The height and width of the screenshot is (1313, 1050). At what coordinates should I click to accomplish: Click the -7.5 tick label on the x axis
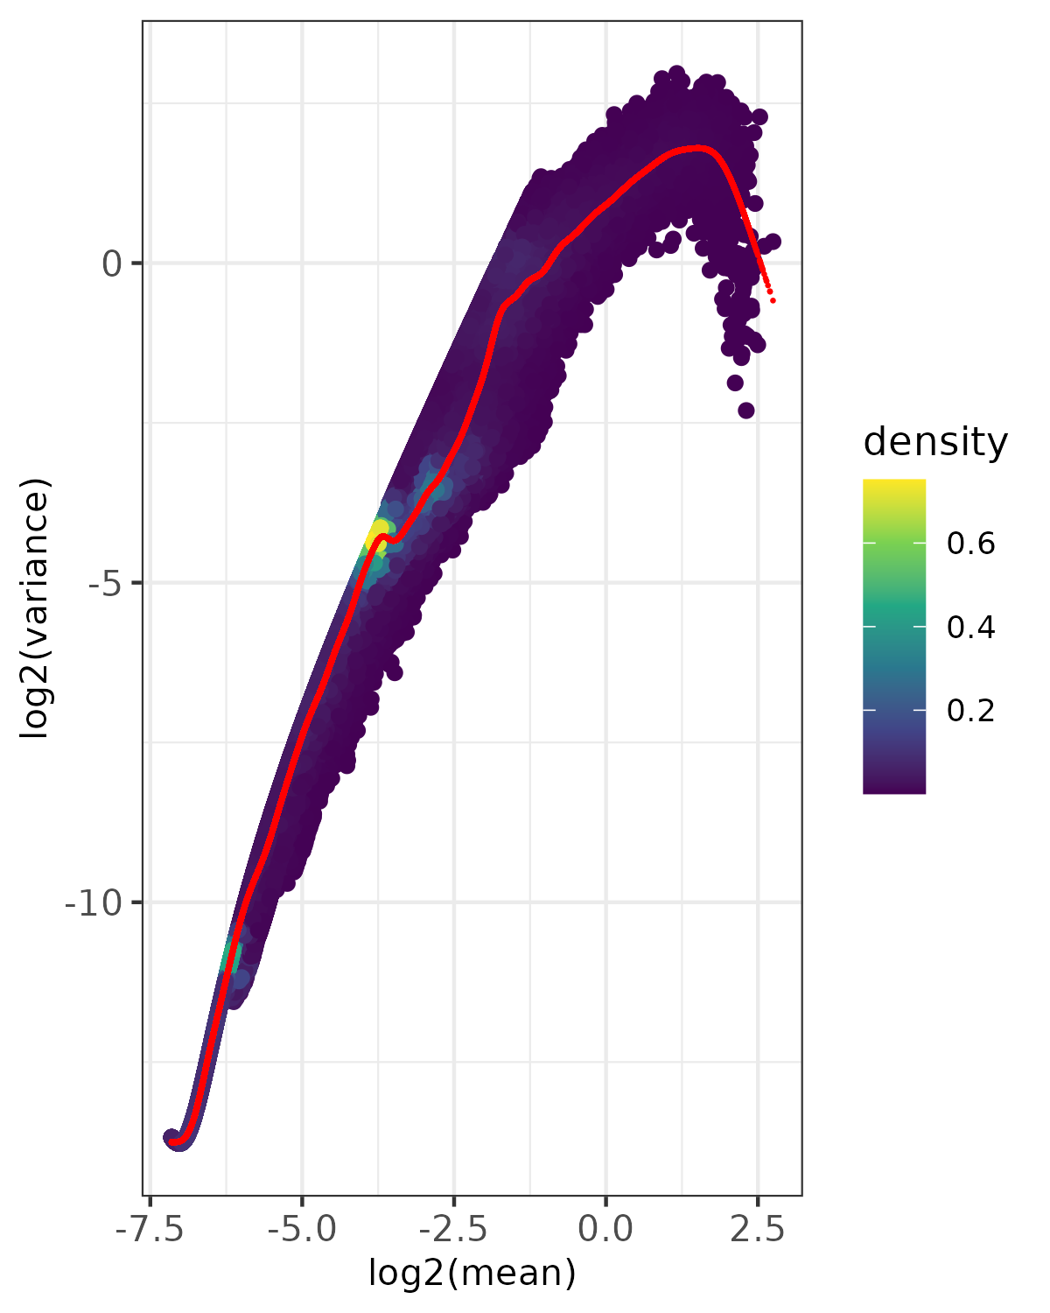(x=150, y=1229)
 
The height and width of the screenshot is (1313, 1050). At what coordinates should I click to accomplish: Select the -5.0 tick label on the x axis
(x=302, y=1229)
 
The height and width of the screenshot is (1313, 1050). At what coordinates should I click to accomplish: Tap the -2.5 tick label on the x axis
(x=453, y=1229)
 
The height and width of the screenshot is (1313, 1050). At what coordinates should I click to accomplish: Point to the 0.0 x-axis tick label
(x=605, y=1229)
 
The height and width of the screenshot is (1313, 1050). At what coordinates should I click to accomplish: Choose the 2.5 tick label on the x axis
(x=757, y=1229)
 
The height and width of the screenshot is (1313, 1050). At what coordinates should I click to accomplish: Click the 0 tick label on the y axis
(x=111, y=263)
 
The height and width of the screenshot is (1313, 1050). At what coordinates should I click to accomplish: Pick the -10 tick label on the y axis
(x=94, y=902)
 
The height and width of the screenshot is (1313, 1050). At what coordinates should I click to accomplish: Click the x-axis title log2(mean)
(x=472, y=1273)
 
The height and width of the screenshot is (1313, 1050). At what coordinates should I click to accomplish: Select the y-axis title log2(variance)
(x=37, y=608)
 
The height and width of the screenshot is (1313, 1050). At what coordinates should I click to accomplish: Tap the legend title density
(x=935, y=443)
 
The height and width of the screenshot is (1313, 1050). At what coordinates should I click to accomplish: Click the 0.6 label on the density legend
(x=970, y=544)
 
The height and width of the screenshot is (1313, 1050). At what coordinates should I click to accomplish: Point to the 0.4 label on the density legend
(x=970, y=628)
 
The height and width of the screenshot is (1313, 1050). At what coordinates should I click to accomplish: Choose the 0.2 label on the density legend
(x=970, y=711)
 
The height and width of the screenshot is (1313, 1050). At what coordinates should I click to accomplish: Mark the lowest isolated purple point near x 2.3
(x=745, y=410)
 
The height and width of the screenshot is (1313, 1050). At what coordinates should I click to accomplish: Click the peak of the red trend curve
(x=696, y=149)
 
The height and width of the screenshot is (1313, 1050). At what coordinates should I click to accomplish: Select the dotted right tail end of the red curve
(x=773, y=300)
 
